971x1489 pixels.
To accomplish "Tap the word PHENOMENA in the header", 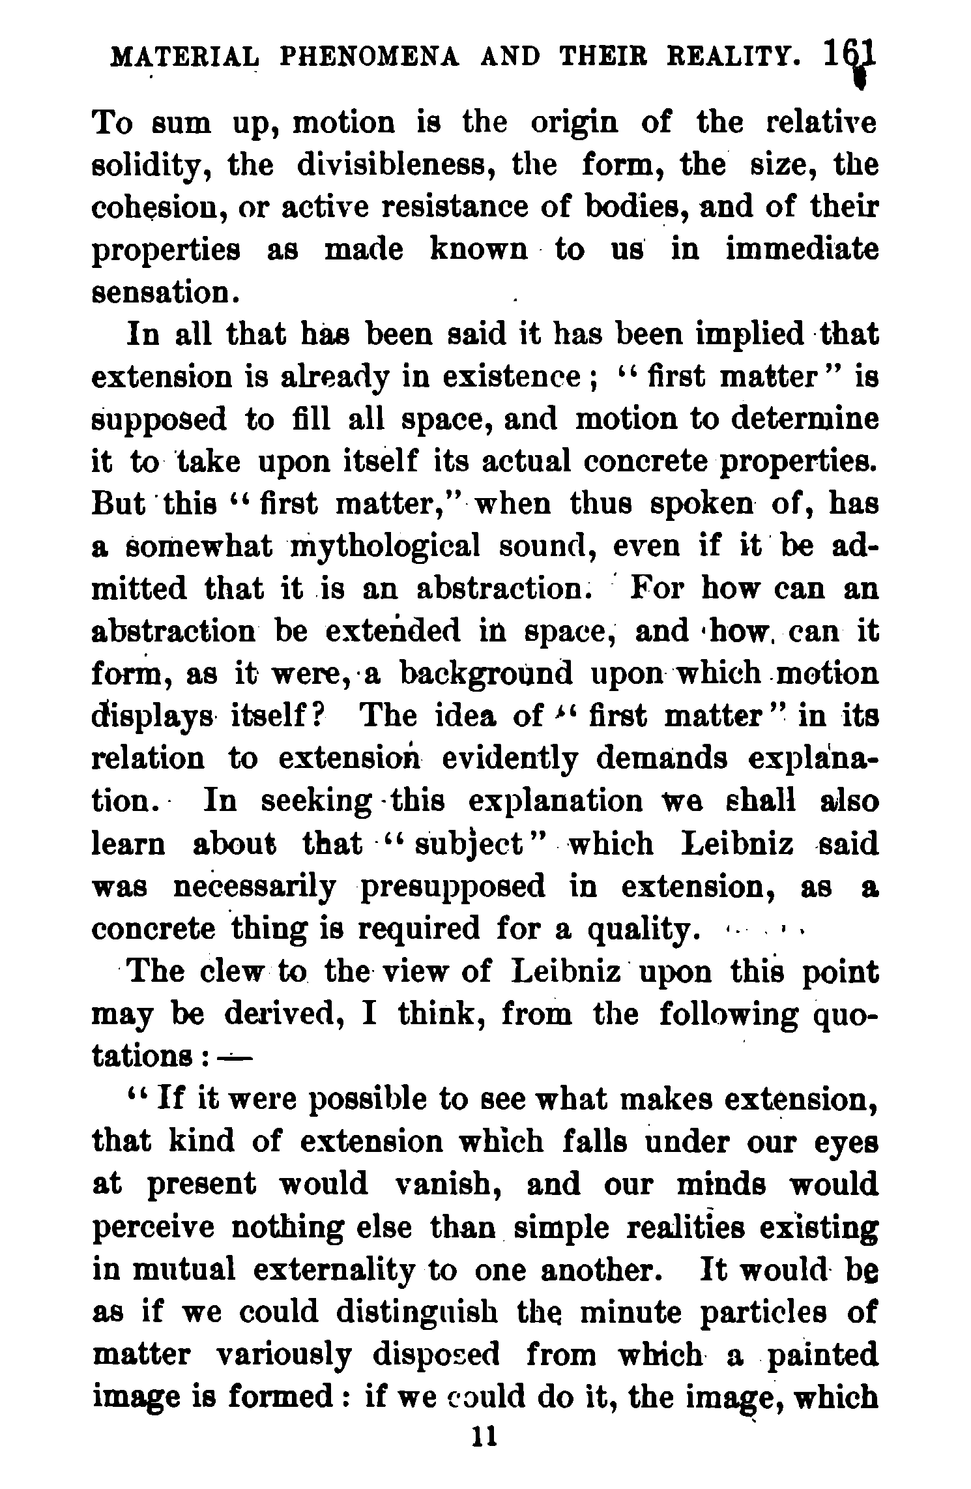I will (369, 57).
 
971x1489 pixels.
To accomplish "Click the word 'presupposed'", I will (453, 887).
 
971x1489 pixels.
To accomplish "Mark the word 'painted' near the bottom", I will (822, 1354).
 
